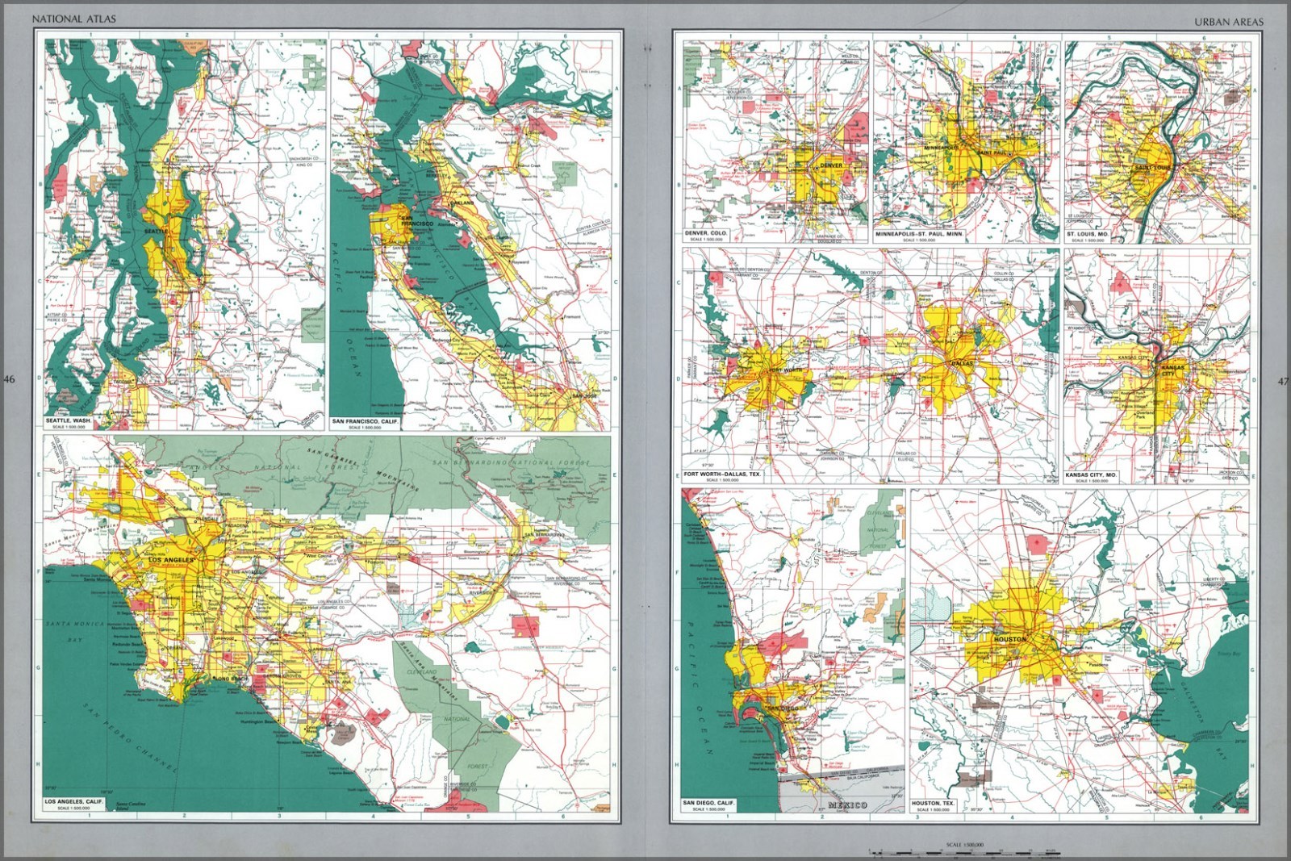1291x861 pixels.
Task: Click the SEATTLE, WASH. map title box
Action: coord(69,422)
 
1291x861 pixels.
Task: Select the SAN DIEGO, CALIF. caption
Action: coord(708,804)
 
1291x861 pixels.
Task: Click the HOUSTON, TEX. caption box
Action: coord(933,804)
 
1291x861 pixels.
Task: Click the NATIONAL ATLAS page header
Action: coord(73,19)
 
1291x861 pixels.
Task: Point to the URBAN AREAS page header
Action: coord(1229,22)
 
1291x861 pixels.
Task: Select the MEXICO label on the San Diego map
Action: coord(847,805)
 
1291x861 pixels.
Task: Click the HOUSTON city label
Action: coord(1010,639)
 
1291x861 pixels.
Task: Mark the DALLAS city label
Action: coord(960,364)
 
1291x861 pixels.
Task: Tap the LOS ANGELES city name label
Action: coord(168,560)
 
